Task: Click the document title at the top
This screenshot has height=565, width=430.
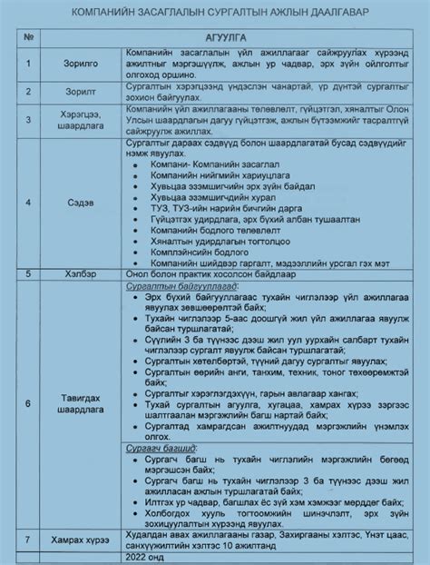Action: tap(215, 13)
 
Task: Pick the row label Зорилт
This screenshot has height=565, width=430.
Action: tap(74, 92)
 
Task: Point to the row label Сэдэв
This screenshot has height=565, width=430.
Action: tap(73, 203)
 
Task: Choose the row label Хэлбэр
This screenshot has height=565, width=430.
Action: tap(74, 272)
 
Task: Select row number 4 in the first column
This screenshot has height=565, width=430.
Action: tap(30, 203)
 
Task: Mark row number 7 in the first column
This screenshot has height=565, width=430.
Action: tap(30, 540)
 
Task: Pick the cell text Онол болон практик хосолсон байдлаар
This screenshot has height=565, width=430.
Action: tap(206, 272)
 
